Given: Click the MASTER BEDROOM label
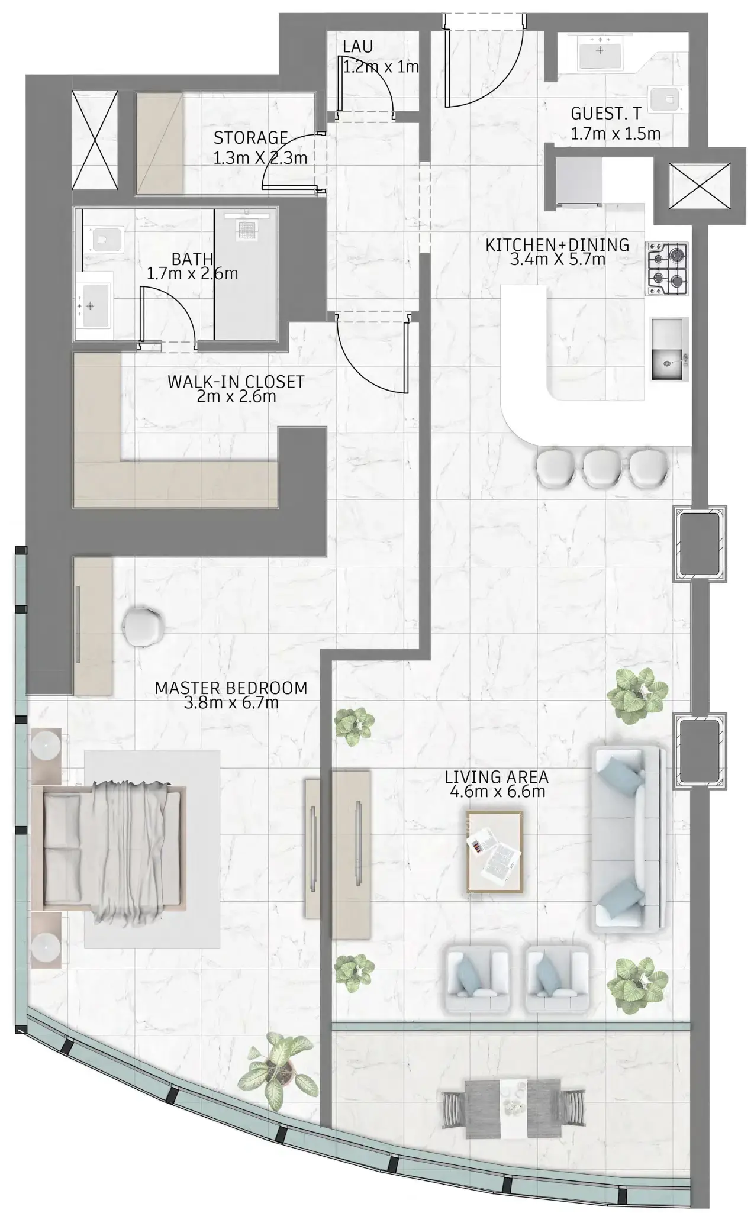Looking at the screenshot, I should point(231,695).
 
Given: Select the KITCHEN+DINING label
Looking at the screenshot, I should point(557,251).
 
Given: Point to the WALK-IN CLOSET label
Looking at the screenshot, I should point(236,389).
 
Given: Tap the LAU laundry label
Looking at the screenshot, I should point(358,47).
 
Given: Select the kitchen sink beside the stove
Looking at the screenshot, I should point(669,349).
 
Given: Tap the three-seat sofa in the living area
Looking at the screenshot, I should point(627,840).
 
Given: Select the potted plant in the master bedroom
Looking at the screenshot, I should point(277,1062).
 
